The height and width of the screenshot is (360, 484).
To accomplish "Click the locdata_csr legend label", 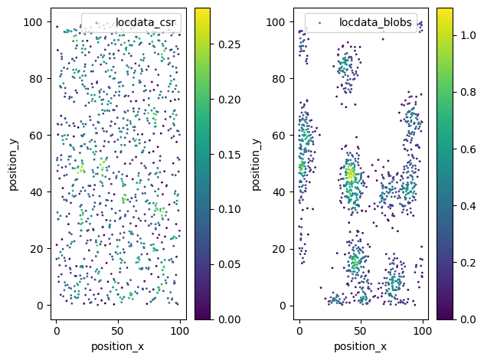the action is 146,22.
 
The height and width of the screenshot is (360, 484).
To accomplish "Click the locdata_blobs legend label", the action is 375,22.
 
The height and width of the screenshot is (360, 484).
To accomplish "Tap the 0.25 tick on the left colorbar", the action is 229,44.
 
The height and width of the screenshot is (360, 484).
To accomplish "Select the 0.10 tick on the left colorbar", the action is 229,210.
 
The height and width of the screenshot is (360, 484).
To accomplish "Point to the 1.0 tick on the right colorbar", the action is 468,35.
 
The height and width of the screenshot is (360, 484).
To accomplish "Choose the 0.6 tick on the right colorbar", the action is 468,149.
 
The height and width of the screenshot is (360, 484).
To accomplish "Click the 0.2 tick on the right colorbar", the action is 468,263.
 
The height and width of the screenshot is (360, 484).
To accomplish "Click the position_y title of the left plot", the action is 13,165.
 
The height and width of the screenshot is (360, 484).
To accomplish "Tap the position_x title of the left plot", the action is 118,346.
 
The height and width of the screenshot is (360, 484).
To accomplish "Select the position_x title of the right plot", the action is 360,346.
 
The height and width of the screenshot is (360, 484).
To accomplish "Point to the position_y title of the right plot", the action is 256,165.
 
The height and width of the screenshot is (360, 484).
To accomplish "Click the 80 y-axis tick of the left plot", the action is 36,79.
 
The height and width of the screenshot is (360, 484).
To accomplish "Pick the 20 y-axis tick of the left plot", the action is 36,249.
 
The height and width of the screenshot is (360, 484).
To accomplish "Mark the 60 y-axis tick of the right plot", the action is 279,136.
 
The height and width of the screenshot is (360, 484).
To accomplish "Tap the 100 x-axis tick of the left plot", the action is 180,332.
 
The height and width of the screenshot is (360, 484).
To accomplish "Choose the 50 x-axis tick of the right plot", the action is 360,332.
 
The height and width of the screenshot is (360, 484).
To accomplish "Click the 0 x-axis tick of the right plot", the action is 299,332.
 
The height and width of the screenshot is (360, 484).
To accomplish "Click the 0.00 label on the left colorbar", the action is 229,319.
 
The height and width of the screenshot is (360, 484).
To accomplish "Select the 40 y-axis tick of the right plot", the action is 279,192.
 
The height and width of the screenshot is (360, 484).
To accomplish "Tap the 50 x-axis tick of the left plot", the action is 118,332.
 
